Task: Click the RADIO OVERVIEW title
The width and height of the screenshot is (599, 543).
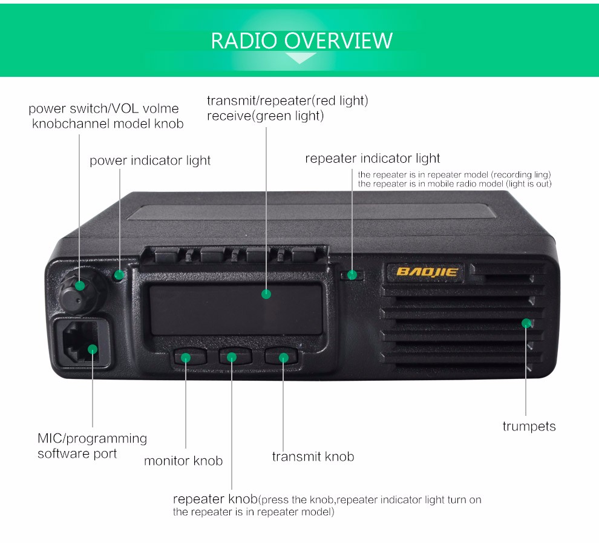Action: (301, 41)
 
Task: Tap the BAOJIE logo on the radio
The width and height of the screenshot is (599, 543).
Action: (427, 271)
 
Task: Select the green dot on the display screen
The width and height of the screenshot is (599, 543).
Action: (266, 295)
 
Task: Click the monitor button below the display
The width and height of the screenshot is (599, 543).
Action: (186, 357)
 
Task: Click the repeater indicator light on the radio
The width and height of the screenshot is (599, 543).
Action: (352, 275)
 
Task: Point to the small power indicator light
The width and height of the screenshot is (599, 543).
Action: (119, 275)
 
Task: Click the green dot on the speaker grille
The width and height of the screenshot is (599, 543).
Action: (526, 323)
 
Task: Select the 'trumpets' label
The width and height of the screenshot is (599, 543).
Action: (529, 426)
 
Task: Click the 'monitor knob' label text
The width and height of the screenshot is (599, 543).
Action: (183, 461)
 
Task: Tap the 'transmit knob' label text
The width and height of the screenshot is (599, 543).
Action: (313, 456)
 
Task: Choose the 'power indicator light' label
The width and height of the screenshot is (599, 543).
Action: (150, 160)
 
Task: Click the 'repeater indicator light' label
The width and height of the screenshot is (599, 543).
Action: (372, 159)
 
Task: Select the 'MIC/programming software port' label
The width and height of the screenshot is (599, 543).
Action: (92, 446)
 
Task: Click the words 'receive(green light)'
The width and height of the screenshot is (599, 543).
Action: (265, 116)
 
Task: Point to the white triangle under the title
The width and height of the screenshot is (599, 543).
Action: (301, 58)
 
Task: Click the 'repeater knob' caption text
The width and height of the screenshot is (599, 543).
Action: (215, 499)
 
